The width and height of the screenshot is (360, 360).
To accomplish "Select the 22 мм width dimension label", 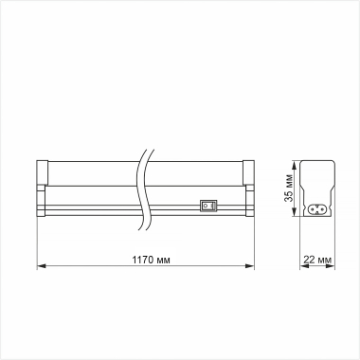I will point(319,259).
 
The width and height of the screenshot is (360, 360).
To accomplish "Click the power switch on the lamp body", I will point(208,203).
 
